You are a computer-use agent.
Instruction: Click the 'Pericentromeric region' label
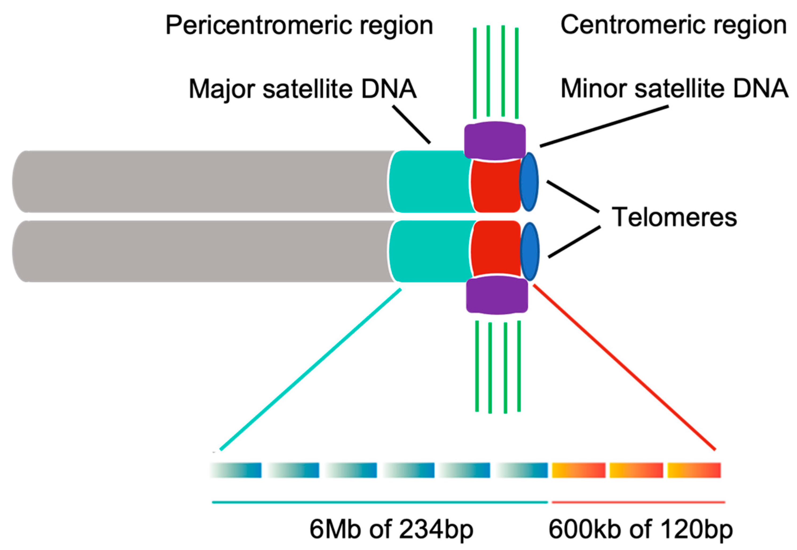(299, 26)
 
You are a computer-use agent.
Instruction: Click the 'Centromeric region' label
(673, 25)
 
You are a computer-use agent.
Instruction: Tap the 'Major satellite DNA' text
(302, 89)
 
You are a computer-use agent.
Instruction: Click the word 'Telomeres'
(674, 217)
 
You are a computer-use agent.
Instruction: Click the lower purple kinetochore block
(496, 296)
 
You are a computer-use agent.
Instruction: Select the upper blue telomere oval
(528, 182)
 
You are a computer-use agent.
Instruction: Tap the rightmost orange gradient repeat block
(694, 470)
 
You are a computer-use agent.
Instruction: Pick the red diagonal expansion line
(624, 367)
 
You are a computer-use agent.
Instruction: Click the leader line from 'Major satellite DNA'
(411, 124)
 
